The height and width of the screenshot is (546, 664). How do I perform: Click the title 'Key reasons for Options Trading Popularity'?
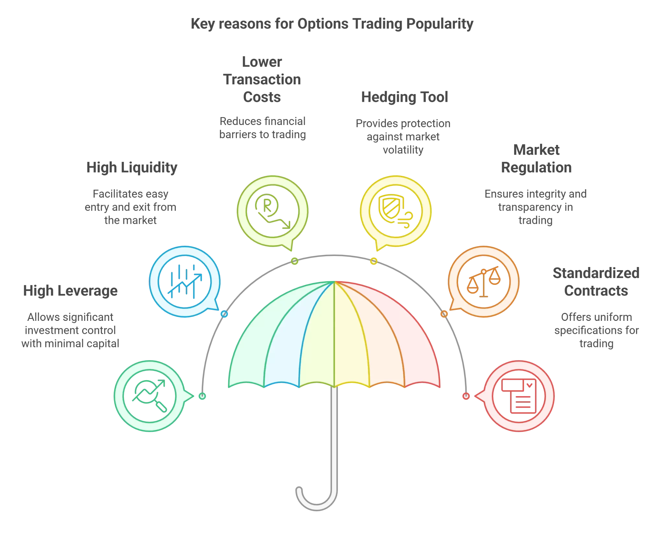332,24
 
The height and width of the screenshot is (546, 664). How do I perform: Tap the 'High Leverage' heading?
70,291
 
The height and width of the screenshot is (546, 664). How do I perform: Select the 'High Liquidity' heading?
132,168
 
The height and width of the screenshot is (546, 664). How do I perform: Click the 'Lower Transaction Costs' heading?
262,79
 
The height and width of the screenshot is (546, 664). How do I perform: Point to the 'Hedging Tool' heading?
404,97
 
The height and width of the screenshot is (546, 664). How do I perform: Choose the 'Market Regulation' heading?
536,159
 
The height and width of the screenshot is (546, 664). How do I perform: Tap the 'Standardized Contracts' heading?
596,282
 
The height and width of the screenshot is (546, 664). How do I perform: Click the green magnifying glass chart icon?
149,396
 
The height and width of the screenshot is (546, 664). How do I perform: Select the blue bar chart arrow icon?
185,281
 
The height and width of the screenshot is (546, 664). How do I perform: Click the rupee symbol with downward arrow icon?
272,211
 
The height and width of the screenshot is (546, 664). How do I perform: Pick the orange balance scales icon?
483,281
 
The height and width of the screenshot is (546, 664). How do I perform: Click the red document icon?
519,396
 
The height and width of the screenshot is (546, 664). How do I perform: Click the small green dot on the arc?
202,396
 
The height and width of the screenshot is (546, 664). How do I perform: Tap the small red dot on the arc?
466,396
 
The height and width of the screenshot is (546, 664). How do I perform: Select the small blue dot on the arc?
224,314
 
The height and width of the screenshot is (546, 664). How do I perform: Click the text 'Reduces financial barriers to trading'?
263,128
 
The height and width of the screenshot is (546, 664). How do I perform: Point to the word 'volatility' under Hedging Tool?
403,150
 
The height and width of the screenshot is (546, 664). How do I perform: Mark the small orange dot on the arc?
444,314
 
